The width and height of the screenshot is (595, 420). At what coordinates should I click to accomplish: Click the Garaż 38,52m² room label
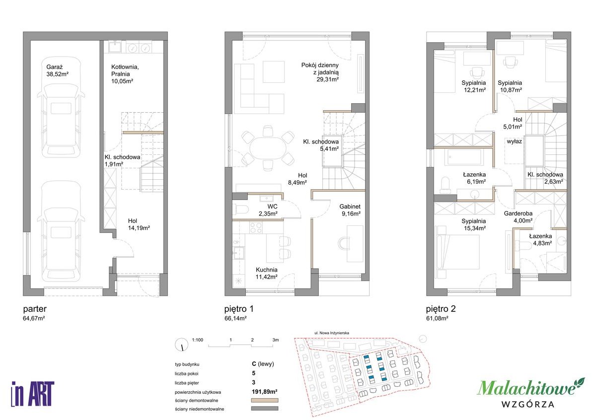(x=57, y=70)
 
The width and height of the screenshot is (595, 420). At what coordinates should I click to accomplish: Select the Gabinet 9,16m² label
(x=350, y=210)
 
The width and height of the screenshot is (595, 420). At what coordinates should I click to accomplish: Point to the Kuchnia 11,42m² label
(x=266, y=273)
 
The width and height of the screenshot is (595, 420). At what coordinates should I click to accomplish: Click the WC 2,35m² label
(x=268, y=210)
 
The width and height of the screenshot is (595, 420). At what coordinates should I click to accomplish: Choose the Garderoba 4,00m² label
(x=518, y=217)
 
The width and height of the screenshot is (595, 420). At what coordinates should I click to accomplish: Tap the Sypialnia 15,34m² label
(x=474, y=224)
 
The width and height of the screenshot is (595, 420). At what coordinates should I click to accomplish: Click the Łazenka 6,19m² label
(x=474, y=178)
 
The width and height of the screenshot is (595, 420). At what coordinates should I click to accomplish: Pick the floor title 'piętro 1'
(x=239, y=309)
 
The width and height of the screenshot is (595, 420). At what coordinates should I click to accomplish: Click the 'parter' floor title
(x=35, y=309)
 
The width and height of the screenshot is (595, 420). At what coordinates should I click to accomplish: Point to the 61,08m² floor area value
(x=437, y=318)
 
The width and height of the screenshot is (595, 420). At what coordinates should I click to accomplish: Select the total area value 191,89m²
(x=265, y=392)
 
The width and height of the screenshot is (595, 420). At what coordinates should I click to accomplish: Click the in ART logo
(x=33, y=394)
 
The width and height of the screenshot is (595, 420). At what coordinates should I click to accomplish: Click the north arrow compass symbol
(x=182, y=345)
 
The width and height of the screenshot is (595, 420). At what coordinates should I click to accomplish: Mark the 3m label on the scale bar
(x=276, y=340)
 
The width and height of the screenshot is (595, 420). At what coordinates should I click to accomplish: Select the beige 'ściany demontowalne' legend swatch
(x=265, y=400)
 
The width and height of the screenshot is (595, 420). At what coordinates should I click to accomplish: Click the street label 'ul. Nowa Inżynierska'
(x=332, y=333)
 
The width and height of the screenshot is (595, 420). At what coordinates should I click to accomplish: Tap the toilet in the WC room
(x=240, y=209)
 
